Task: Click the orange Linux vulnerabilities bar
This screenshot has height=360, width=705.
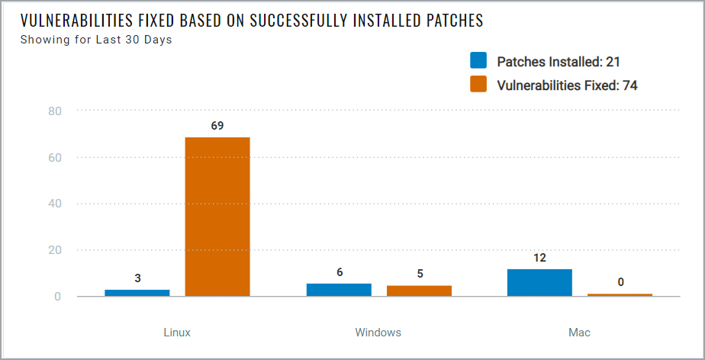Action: point(217,217)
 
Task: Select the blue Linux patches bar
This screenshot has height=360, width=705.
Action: point(137,293)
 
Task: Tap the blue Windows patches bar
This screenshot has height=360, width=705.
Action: point(339,290)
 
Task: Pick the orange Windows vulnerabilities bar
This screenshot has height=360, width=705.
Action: point(419,291)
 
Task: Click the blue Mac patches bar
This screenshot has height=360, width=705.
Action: point(539,282)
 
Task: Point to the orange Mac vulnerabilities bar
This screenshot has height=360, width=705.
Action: point(620,294)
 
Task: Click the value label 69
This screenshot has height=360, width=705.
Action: point(217,125)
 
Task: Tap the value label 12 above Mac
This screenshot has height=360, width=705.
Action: point(539,258)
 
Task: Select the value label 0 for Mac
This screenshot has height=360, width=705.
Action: point(620,282)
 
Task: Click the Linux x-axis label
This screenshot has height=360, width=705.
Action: point(177,333)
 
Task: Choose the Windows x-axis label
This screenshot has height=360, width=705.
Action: point(378,333)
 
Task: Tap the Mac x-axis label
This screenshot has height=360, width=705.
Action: point(579,333)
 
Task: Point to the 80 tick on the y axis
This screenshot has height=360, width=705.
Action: point(53,111)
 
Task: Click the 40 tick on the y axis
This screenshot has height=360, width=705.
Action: point(53,204)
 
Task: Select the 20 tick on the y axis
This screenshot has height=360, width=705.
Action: point(53,250)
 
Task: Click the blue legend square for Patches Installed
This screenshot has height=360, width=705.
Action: point(478,61)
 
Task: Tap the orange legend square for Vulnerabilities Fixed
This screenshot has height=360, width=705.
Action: point(478,85)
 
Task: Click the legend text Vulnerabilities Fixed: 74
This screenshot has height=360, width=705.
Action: point(567,85)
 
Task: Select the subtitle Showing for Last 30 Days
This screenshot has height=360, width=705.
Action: point(96,40)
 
